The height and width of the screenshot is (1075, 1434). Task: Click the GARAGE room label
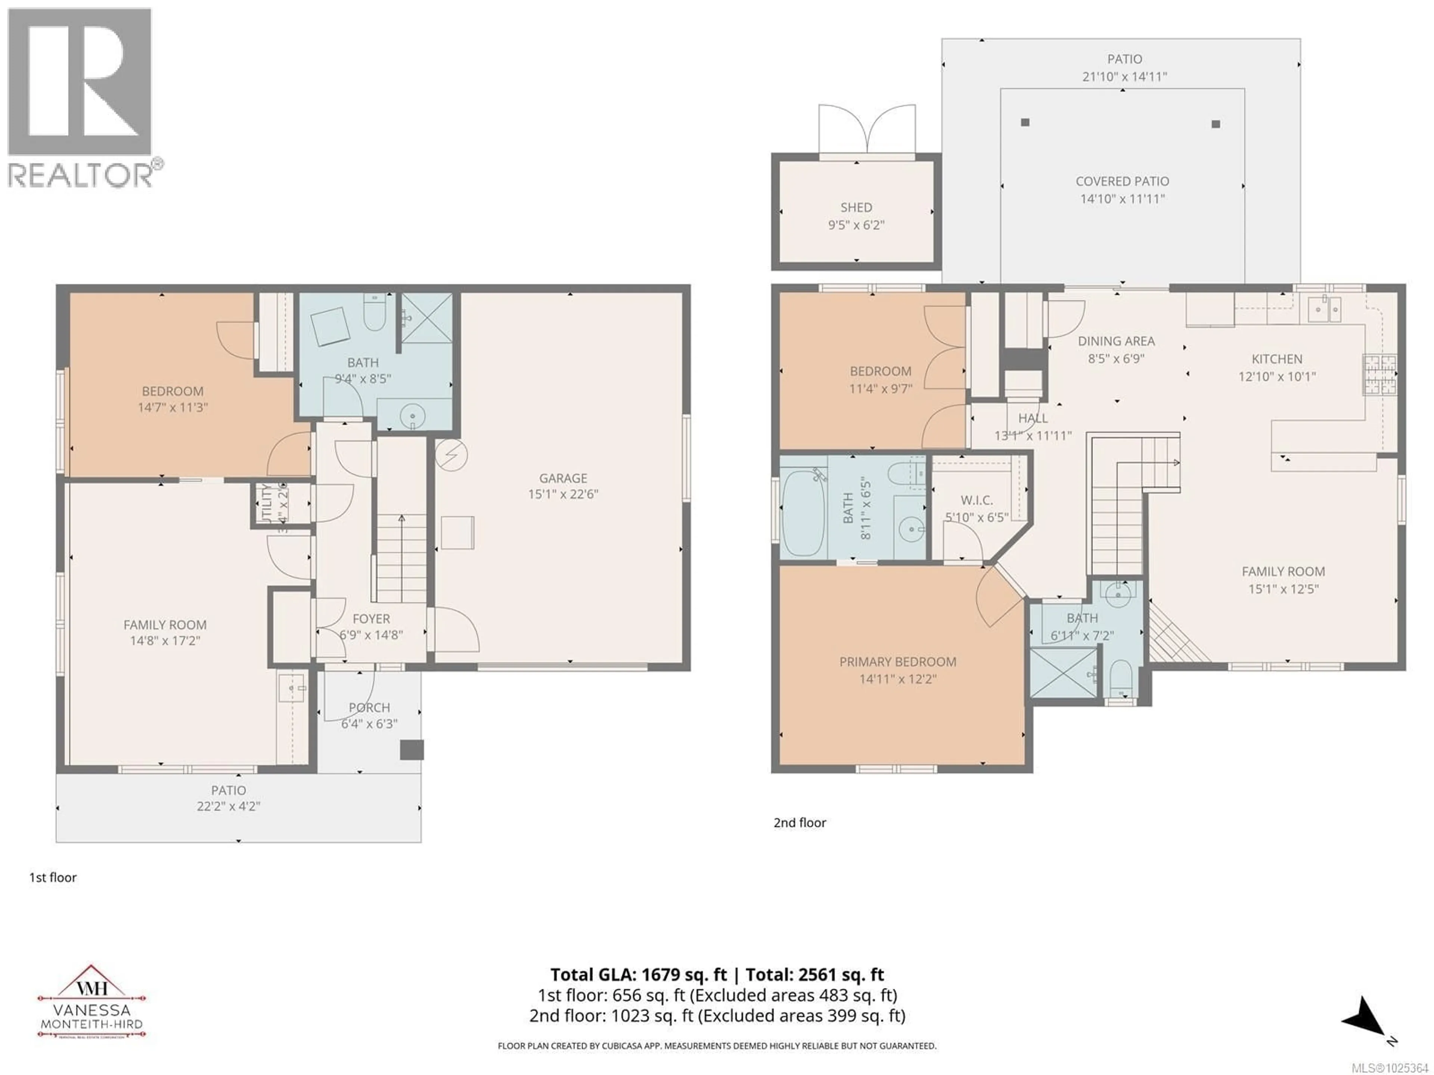(563, 478)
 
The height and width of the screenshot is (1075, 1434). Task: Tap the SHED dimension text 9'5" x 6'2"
(856, 225)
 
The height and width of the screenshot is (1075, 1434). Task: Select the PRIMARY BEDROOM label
(897, 661)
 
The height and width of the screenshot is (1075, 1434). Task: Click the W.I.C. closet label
(976, 500)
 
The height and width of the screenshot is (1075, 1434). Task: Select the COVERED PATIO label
(1122, 181)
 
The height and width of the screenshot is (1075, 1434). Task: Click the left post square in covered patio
(1025, 122)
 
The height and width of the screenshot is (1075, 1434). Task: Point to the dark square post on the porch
(411, 750)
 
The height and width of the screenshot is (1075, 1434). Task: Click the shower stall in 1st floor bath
(426, 318)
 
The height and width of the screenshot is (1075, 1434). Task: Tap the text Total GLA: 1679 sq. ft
(640, 975)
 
